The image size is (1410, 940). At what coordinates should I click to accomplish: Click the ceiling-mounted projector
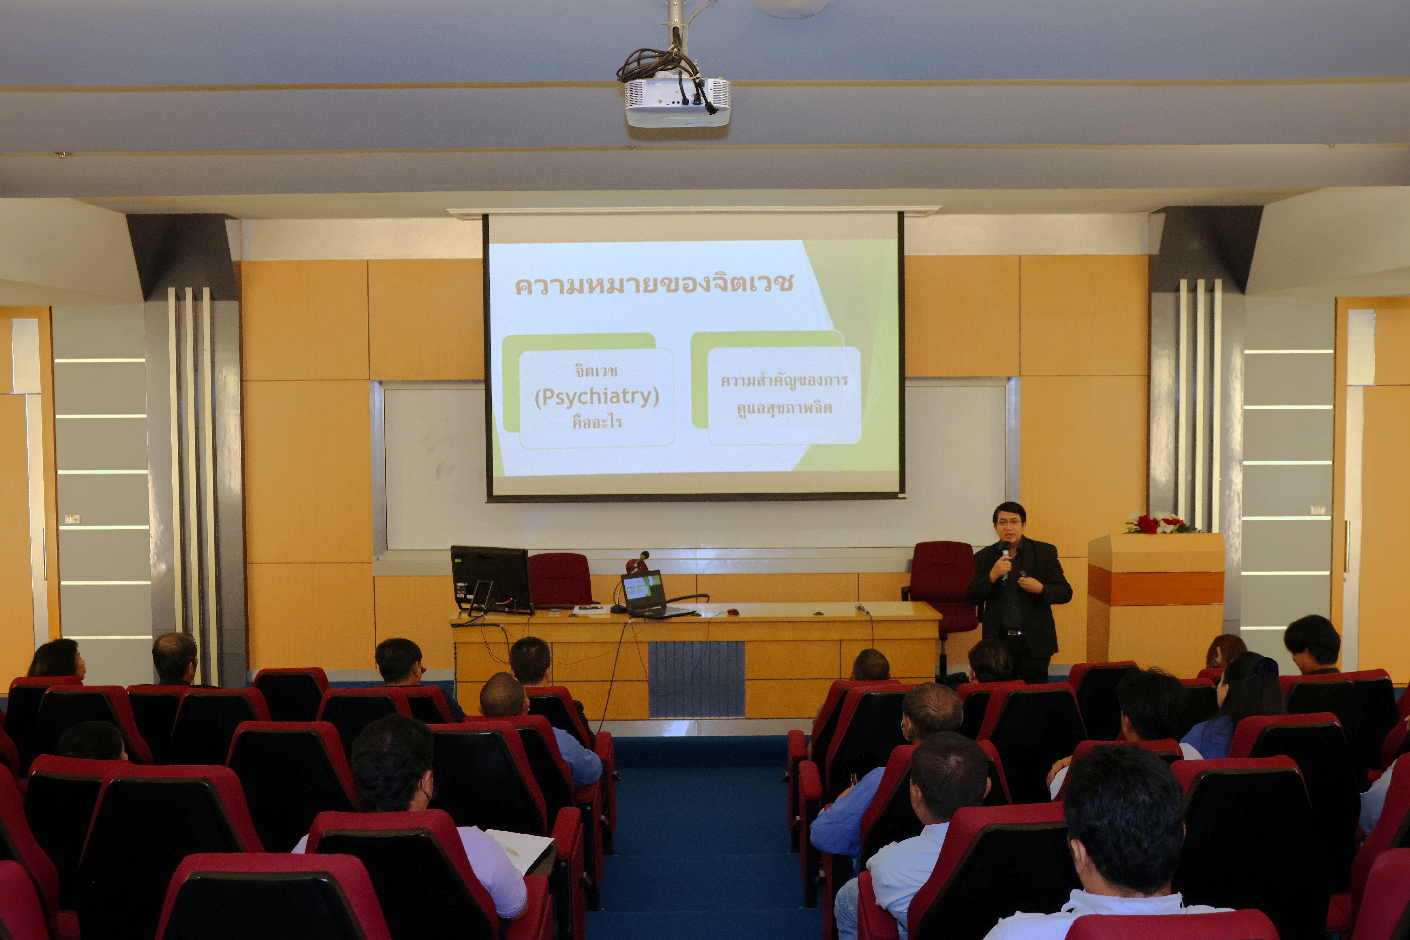pyautogui.click(x=677, y=102)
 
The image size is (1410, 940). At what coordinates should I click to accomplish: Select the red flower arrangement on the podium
pyautogui.click(x=1160, y=523)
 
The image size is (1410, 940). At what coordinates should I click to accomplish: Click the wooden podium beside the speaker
pyautogui.click(x=1155, y=599)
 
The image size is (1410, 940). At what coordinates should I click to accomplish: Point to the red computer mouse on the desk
pyautogui.click(x=733, y=611)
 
